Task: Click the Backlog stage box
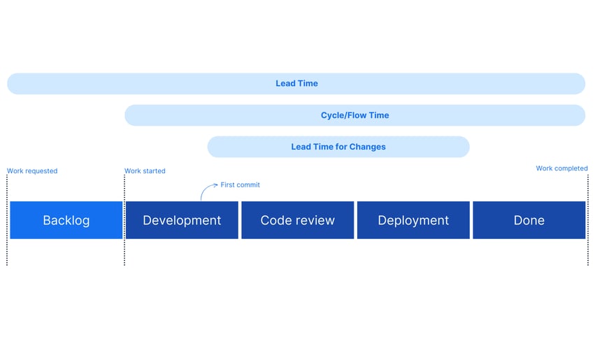[x=66, y=220]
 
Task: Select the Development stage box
[x=182, y=220]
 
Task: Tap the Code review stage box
[x=297, y=220]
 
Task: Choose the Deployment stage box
[x=413, y=220]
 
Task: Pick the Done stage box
[x=529, y=220]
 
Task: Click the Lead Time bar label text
[x=296, y=83]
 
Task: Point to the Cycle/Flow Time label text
[x=354, y=115]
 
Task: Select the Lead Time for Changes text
[x=338, y=147]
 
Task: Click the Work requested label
[x=32, y=171]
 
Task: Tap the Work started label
[x=145, y=171]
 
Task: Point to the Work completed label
[x=561, y=168]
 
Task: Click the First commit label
[x=240, y=185]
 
